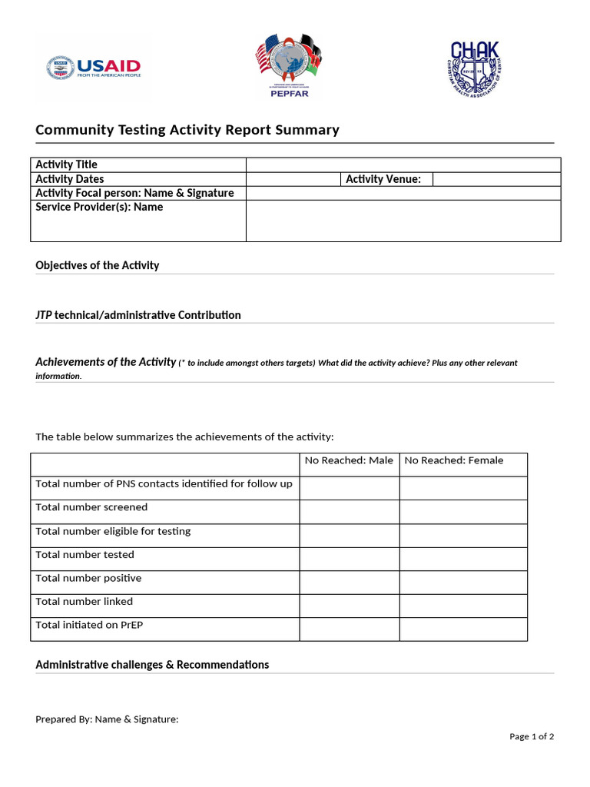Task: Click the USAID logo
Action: (94, 68)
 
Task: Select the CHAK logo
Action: (474, 68)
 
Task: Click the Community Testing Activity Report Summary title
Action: (187, 130)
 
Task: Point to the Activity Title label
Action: (67, 164)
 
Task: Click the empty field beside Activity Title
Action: (403, 164)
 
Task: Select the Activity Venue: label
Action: (383, 179)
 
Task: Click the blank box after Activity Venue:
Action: (496, 179)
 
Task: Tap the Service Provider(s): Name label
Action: (100, 207)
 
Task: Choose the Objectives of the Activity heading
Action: (98, 265)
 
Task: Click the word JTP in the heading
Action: (44, 315)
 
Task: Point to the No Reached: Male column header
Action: (349, 460)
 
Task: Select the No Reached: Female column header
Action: (454, 460)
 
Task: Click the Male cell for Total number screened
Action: (349, 512)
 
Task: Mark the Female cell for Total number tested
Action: (462, 559)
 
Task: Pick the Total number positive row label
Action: (88, 578)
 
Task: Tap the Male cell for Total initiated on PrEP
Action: (349, 629)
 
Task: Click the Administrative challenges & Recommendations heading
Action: (152, 665)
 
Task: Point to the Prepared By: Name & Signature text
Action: (107, 719)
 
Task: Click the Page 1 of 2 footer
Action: (532, 736)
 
